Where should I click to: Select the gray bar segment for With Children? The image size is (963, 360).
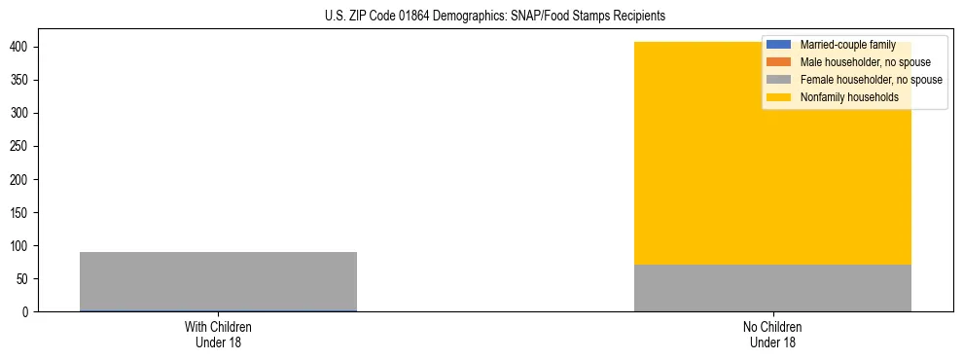pyautogui.click(x=218, y=281)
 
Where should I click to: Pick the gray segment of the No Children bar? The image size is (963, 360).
pyautogui.click(x=772, y=288)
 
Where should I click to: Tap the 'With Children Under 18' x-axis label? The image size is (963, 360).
pyautogui.click(x=218, y=334)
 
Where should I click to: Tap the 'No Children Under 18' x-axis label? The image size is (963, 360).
pyautogui.click(x=772, y=334)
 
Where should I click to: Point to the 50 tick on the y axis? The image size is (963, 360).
pyautogui.click(x=23, y=279)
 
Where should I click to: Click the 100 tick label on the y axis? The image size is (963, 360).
pyautogui.click(x=20, y=246)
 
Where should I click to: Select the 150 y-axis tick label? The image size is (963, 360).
pyautogui.click(x=20, y=213)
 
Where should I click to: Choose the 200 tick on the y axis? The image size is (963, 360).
pyautogui.click(x=20, y=180)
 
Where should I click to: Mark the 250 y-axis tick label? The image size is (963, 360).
pyautogui.click(x=20, y=147)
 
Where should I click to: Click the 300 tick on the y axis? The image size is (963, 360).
pyautogui.click(x=20, y=114)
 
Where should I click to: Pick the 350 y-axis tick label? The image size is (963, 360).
pyautogui.click(x=20, y=81)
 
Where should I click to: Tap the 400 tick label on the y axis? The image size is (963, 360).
pyautogui.click(x=20, y=48)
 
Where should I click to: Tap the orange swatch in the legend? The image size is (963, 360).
pyautogui.click(x=779, y=62)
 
